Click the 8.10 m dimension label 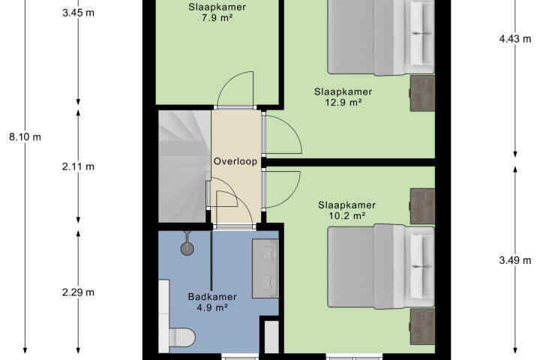(x=25, y=137)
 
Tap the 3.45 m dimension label (x=78, y=13)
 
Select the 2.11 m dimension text (x=78, y=166)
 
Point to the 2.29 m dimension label (x=78, y=292)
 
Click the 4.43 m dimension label (x=515, y=39)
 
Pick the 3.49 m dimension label (x=515, y=260)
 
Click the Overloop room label (x=235, y=161)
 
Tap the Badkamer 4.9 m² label (x=212, y=302)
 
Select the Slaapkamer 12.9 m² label (x=343, y=97)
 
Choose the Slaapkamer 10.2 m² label (x=346, y=211)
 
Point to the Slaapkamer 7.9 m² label (x=217, y=13)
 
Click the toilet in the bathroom (x=181, y=337)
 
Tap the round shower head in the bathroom (x=187, y=248)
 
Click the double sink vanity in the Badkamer (x=265, y=268)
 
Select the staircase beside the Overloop (x=184, y=166)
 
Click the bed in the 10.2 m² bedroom (x=381, y=267)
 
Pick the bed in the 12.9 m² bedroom (x=381, y=37)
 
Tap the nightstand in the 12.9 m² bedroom (x=422, y=93)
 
